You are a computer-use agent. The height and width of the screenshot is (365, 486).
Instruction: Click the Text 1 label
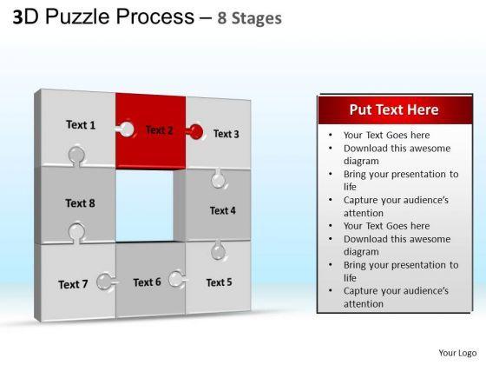[x=81, y=125]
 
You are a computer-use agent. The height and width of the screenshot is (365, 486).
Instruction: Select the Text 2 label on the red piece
[x=159, y=130]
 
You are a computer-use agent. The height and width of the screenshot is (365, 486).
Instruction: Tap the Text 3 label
[x=226, y=134]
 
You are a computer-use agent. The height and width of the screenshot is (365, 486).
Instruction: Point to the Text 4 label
[x=222, y=210]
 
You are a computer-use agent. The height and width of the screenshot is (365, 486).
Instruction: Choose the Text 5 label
[x=219, y=282]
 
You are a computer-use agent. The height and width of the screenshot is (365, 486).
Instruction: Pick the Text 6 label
[x=147, y=282]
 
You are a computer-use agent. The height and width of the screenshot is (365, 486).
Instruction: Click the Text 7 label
[x=73, y=284]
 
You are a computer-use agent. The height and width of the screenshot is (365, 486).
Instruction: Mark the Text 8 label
[x=80, y=203]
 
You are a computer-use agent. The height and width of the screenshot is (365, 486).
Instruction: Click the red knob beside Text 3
[x=195, y=132]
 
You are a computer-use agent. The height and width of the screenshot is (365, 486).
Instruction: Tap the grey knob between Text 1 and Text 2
[x=126, y=129]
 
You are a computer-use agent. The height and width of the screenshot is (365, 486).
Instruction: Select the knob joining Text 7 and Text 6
[x=106, y=282]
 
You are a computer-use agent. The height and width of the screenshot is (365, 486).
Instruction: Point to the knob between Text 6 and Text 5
[x=177, y=279]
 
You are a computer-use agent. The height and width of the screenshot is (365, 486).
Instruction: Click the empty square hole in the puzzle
[x=144, y=205]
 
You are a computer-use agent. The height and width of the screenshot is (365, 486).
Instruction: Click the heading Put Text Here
[x=394, y=109]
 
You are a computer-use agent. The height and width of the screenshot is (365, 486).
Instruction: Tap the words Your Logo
[x=457, y=353]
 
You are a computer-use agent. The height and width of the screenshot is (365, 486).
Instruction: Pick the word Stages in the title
[x=257, y=18]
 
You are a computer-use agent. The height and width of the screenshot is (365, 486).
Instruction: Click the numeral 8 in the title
[x=222, y=18]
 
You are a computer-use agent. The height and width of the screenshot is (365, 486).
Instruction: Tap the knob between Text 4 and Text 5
[x=218, y=250]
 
